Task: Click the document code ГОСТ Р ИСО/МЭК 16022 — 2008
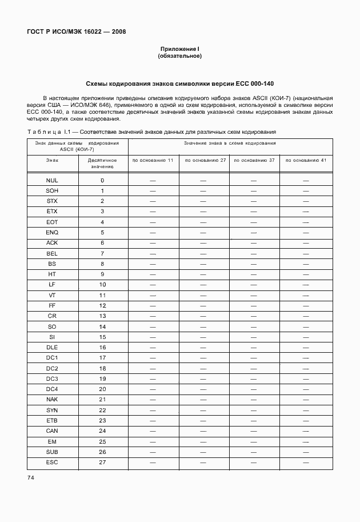click(76, 31)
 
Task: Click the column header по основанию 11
click(153, 161)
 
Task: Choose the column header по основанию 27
click(204, 161)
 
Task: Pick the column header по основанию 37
click(254, 161)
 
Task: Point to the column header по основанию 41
click(306, 161)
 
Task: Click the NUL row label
click(52, 181)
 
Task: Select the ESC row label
click(52, 463)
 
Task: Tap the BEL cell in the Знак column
click(52, 253)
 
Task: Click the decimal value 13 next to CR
click(103, 316)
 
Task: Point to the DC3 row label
click(52, 379)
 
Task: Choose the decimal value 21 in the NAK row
click(103, 400)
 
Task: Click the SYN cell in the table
click(52, 411)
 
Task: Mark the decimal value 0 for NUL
click(103, 181)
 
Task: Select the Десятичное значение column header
click(103, 164)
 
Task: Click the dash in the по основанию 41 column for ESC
click(306, 463)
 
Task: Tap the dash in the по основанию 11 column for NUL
click(153, 181)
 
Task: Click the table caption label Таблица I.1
click(49, 132)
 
